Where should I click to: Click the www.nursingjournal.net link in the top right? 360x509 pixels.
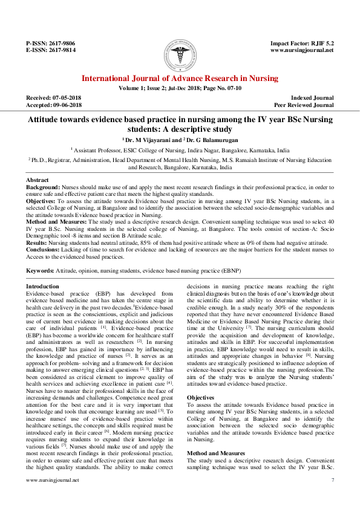(x=302, y=51)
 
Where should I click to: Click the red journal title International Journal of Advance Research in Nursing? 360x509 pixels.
(x=180, y=79)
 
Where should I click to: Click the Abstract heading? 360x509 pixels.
(x=38, y=181)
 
